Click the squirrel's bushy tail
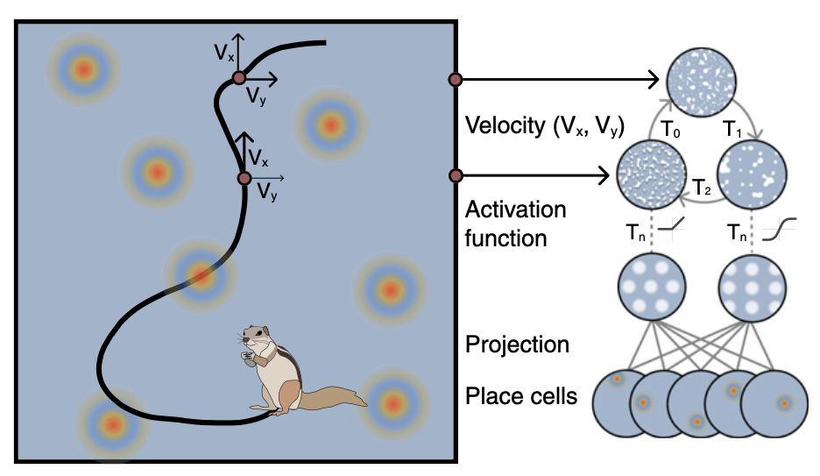(x=334, y=399)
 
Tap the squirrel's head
(x=257, y=337)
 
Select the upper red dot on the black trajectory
(x=238, y=79)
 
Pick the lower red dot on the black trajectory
(x=244, y=178)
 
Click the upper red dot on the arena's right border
(x=455, y=81)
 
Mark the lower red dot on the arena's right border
(x=455, y=176)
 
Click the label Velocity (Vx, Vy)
(x=543, y=127)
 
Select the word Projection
(x=517, y=344)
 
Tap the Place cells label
(x=521, y=396)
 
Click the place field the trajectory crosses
(x=201, y=276)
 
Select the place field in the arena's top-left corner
(x=83, y=67)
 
